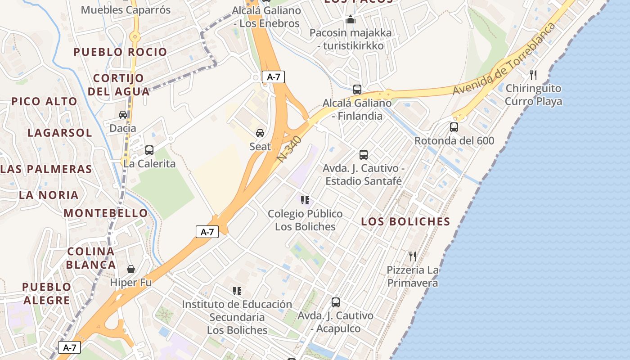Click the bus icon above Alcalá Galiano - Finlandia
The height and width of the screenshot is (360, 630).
(x=357, y=90)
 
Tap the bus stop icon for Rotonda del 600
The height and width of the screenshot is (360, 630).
(x=454, y=127)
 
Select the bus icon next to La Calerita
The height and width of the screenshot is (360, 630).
(x=149, y=150)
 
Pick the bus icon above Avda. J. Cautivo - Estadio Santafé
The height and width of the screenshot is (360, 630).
(x=364, y=155)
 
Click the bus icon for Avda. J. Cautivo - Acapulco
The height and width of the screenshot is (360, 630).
(x=336, y=302)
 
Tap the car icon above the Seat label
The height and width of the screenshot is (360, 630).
(x=260, y=133)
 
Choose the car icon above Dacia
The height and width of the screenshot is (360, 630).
(x=123, y=115)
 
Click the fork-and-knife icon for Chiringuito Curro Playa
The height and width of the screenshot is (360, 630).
(x=533, y=75)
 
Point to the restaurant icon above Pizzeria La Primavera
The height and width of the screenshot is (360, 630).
(x=413, y=256)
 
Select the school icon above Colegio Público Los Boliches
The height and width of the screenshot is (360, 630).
(x=305, y=200)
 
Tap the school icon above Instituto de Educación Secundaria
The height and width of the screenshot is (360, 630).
(x=237, y=291)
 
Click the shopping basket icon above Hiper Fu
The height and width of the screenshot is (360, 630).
(x=131, y=269)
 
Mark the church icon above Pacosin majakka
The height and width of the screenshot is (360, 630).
(x=351, y=20)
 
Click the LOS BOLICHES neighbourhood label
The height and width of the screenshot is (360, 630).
(x=405, y=221)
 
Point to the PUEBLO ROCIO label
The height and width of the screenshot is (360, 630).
(x=120, y=52)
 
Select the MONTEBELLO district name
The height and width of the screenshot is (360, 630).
(x=106, y=213)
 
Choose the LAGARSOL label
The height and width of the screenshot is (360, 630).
(x=60, y=133)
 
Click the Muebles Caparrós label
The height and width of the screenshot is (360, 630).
(x=126, y=10)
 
